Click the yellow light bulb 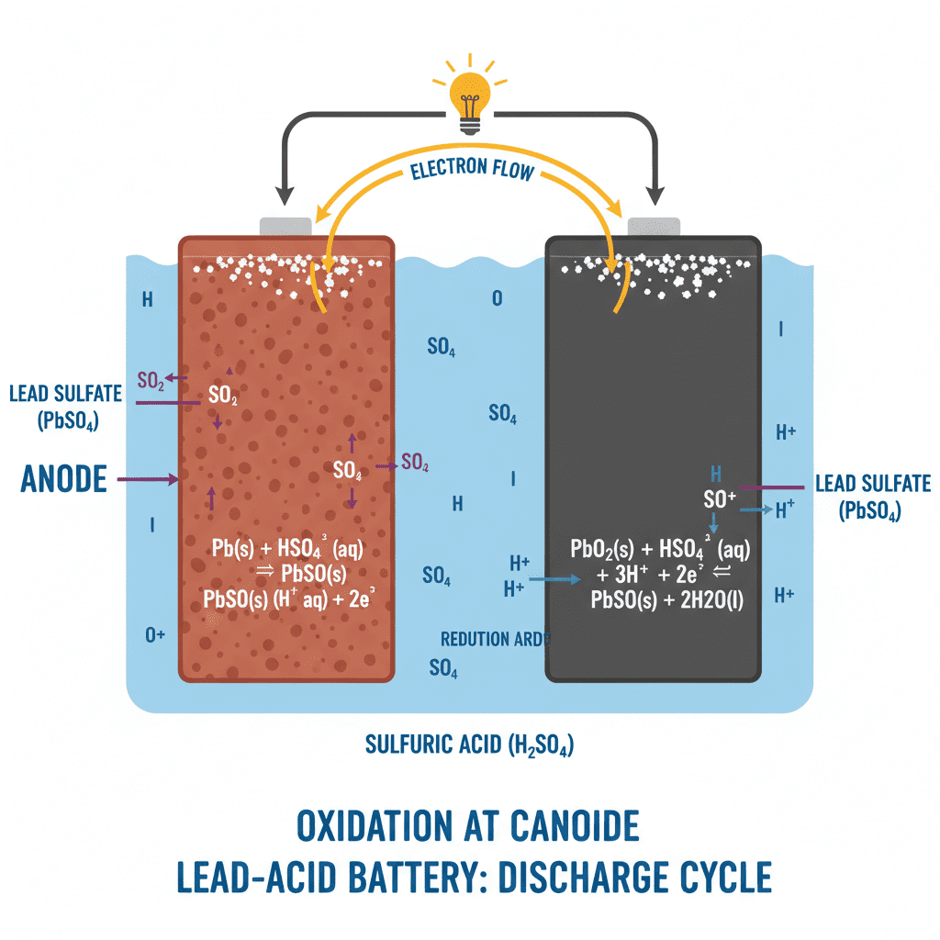(x=470, y=93)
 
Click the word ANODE (x=63, y=478)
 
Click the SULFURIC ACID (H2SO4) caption (x=469, y=744)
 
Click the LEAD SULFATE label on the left (x=65, y=394)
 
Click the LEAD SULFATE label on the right (x=872, y=484)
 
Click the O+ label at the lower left (x=154, y=636)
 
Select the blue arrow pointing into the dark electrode (x=554, y=579)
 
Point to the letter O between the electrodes (x=497, y=299)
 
